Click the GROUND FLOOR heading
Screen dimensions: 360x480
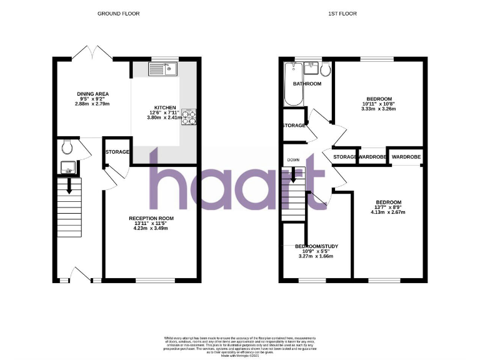coord(114,13)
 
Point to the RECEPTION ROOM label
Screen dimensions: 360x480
coord(151,219)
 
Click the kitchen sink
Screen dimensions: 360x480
coord(164,68)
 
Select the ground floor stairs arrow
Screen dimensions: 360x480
coord(69,185)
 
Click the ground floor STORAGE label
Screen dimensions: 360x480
coord(117,152)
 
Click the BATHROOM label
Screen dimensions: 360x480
coord(307,84)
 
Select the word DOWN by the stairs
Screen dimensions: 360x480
coord(293,160)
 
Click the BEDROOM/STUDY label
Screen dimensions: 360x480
coord(316,246)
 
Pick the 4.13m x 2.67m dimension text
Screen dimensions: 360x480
coord(388,212)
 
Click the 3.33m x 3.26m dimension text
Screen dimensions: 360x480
coord(379,109)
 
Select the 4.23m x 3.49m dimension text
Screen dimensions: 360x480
coord(151,227)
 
